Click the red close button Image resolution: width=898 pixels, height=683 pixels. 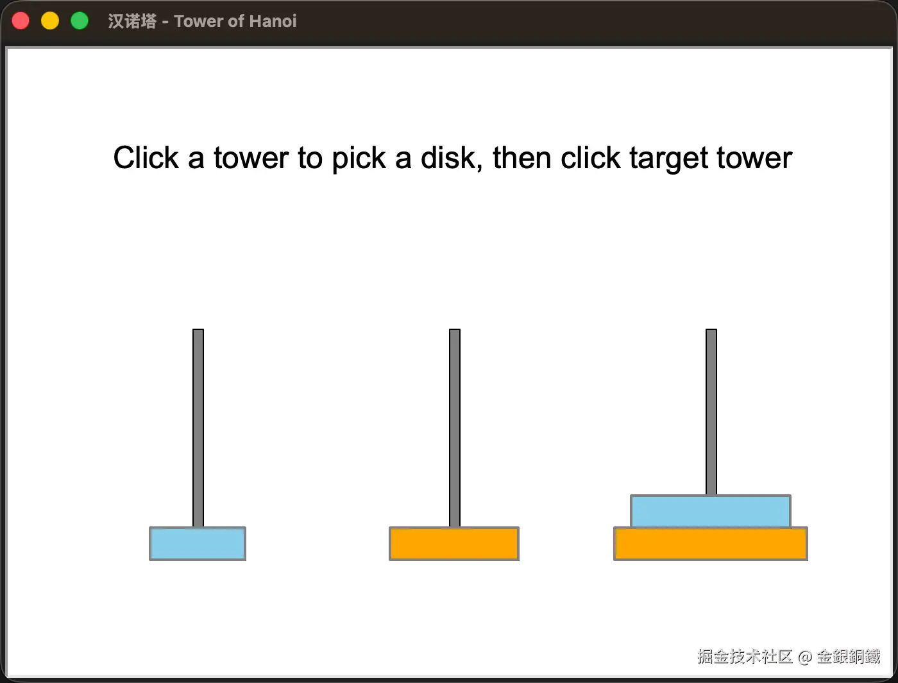coord(21,21)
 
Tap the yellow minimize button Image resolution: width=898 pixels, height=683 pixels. coord(50,21)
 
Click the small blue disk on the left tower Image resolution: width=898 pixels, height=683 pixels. coord(198,544)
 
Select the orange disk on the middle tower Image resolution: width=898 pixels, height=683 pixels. coord(454,544)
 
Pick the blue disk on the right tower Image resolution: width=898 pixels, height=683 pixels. coord(711,511)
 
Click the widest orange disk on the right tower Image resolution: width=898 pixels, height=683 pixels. coord(711,544)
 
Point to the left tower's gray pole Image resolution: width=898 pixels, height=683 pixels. coord(198,428)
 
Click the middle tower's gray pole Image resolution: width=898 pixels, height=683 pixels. coord(455,428)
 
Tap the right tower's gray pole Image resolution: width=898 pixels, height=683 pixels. coord(711,411)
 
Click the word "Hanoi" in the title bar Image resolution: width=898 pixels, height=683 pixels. coord(273,21)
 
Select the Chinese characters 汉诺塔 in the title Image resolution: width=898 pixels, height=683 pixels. coord(132,21)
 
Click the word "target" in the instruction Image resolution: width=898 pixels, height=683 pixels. coord(668,159)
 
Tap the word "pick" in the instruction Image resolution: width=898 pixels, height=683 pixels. coord(359,159)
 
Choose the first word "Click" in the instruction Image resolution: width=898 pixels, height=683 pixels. coord(146,157)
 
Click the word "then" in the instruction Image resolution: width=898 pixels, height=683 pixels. coord(521,157)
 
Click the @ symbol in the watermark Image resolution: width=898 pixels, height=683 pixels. coord(805,657)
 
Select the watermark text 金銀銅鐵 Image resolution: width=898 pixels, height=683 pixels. coord(849,657)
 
